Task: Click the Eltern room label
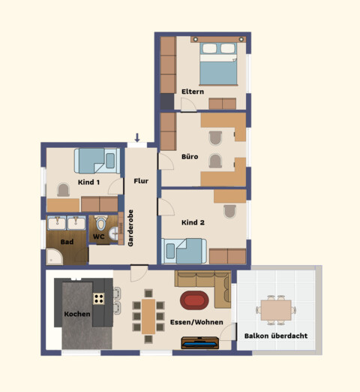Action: click(x=193, y=92)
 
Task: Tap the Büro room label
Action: click(x=190, y=157)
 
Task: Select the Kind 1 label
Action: click(x=89, y=182)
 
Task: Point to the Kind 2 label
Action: click(x=193, y=222)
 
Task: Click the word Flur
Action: click(x=141, y=182)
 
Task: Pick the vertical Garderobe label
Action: click(x=130, y=228)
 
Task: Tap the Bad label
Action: click(x=67, y=242)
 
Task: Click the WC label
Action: click(x=98, y=237)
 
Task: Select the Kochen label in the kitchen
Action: click(x=77, y=314)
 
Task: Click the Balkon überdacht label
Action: click(x=275, y=336)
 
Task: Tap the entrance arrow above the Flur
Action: click(x=136, y=137)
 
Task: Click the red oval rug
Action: click(x=194, y=300)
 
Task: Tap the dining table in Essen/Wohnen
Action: click(x=149, y=315)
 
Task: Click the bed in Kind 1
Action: click(x=95, y=161)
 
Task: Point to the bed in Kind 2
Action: click(x=184, y=250)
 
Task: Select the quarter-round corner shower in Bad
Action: click(x=55, y=258)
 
